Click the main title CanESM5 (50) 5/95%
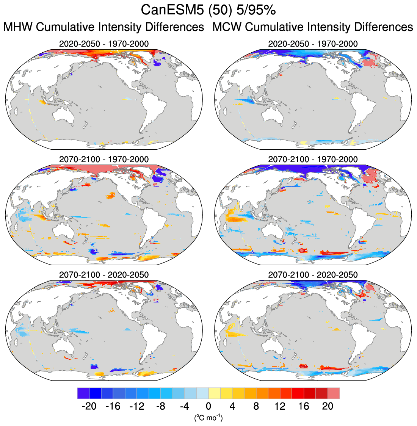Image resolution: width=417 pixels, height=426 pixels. pyautogui.click(x=208, y=10)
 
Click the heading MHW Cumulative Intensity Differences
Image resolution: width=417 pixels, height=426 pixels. pyautogui.click(x=104, y=27)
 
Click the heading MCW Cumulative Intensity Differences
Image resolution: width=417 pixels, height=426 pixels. pyautogui.click(x=313, y=27)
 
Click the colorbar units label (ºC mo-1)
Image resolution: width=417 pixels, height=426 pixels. pyautogui.click(x=208, y=418)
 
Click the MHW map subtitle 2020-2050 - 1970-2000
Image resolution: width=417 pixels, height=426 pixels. pyautogui.click(x=104, y=44)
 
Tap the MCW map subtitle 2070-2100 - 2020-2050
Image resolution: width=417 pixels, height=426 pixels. pyautogui.click(x=313, y=274)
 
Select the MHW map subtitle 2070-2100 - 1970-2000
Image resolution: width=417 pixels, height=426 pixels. pyautogui.click(x=104, y=159)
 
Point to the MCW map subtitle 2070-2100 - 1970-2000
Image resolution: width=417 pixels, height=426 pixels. pyautogui.click(x=313, y=159)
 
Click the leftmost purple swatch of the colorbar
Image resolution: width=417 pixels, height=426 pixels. pyautogui.click(x=83, y=393)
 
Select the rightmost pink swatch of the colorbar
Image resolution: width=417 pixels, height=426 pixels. pyautogui.click(x=334, y=393)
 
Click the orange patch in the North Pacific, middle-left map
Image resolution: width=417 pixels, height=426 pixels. pyautogui.click(x=110, y=196)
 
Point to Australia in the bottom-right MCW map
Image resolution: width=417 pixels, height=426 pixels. pyautogui.click(x=273, y=345)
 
